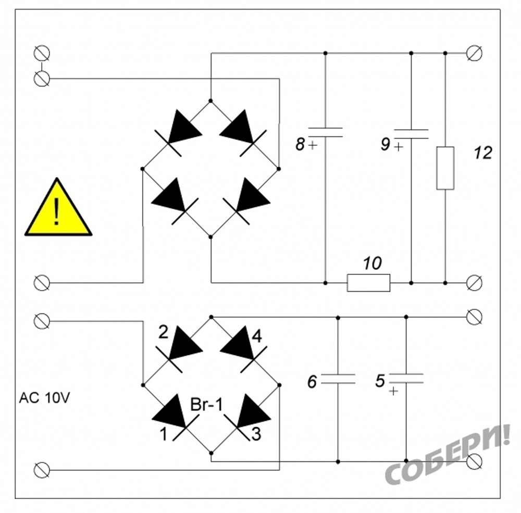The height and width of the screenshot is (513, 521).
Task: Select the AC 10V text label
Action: pos(44,398)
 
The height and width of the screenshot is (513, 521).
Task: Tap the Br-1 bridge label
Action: pos(207,405)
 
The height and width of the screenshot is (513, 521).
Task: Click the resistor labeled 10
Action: pos(368,283)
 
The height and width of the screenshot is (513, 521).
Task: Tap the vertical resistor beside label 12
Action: pos(445,168)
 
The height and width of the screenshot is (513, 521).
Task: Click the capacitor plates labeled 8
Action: pos(325,132)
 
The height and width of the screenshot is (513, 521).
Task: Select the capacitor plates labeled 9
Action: pos(411,134)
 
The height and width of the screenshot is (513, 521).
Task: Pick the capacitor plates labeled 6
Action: pos(338,379)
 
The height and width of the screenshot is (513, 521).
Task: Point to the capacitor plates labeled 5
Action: pos(406,379)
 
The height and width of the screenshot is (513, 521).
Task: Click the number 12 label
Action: pos(483,153)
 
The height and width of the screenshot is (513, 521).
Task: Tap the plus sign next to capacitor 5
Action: pos(393,392)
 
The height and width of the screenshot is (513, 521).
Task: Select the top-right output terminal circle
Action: pos(475,53)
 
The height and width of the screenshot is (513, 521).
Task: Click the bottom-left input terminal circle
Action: pos(42,470)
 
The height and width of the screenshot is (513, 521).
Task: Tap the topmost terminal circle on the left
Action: pos(42,53)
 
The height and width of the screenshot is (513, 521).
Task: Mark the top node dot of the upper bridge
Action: pos(210,101)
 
